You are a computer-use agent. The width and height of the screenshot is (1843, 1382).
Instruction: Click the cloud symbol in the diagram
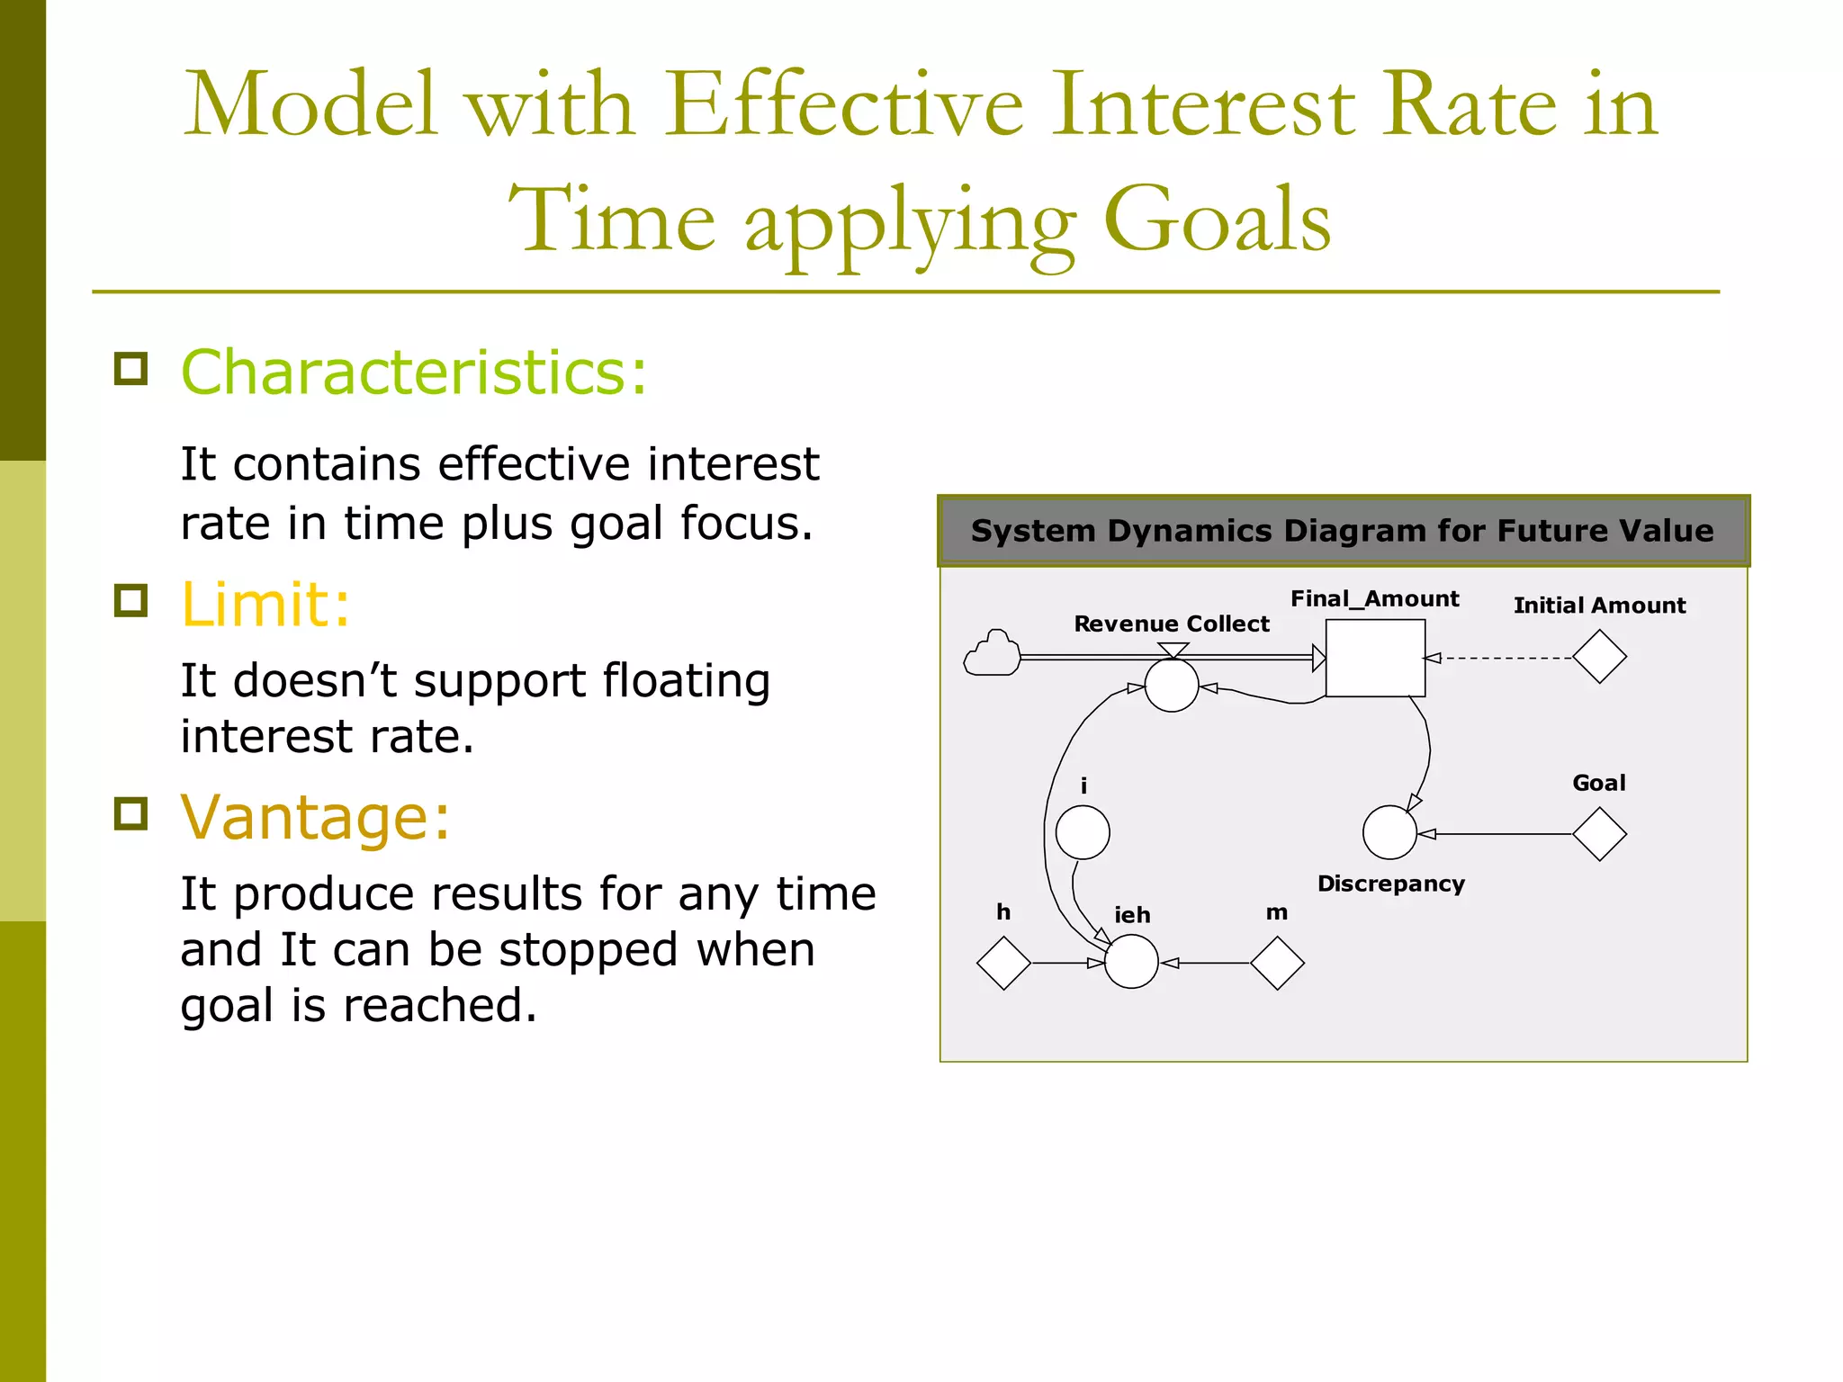pos(992,654)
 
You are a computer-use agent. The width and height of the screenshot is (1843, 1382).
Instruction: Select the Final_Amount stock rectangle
pos(1374,658)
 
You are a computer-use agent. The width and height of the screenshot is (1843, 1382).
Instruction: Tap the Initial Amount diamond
pos(1599,657)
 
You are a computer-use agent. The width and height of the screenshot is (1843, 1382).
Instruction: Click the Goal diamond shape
pos(1599,834)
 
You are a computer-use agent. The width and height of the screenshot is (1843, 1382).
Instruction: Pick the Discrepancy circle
pos(1389,832)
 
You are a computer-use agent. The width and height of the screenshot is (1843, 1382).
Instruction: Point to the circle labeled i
pos(1082,832)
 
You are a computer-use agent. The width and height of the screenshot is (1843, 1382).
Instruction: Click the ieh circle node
pos(1131,962)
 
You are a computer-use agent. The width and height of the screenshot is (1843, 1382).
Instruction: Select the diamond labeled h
pos(1003,963)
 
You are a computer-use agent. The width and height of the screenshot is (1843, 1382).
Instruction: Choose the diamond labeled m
pos(1277,963)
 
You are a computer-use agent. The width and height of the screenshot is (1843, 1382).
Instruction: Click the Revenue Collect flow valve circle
pos(1171,686)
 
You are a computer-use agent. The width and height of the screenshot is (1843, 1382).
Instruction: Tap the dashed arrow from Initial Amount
pos(1503,658)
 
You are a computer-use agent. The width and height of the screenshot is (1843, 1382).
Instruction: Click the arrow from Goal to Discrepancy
pos(1498,834)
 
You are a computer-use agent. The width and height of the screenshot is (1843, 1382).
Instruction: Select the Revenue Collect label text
pos(1171,624)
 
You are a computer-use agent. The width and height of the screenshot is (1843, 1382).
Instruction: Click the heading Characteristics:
pos(414,372)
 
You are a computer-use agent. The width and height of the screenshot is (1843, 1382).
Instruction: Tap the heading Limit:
pos(265,605)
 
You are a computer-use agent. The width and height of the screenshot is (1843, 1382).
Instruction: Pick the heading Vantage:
pos(315,818)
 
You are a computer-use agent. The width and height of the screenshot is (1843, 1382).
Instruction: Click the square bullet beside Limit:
pos(131,600)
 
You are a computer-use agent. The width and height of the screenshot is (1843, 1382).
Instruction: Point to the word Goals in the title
pos(1217,220)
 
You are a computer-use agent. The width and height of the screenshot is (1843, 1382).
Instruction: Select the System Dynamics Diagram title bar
pos(1343,531)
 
